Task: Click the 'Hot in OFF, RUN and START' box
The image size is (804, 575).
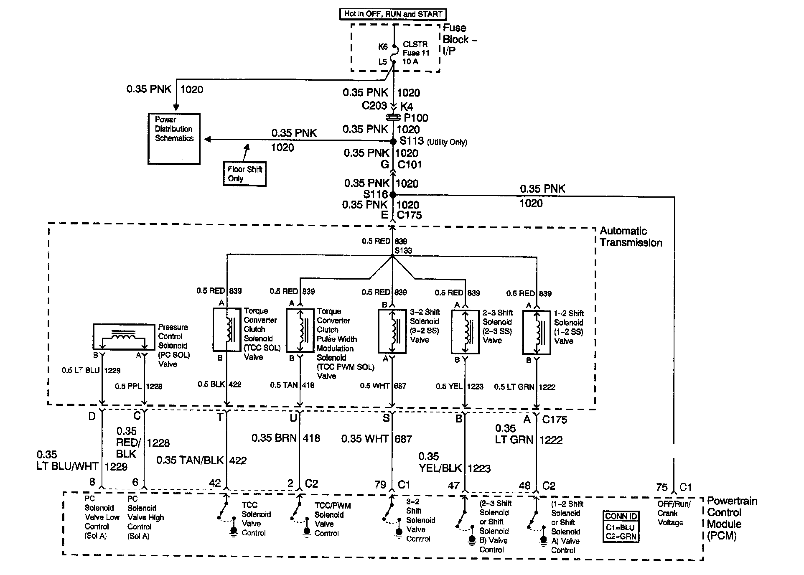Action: [393, 14]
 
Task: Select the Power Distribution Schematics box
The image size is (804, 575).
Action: [174, 138]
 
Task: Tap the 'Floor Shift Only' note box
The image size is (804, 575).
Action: [244, 174]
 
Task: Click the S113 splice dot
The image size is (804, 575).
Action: [393, 141]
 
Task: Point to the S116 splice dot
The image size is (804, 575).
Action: [392, 195]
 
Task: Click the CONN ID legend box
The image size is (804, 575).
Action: [621, 527]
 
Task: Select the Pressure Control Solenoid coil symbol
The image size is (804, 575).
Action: [123, 336]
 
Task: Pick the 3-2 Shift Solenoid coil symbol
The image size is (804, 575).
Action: [392, 331]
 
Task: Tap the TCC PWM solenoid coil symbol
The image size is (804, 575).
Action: [300, 331]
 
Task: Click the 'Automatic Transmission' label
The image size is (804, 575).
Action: [631, 237]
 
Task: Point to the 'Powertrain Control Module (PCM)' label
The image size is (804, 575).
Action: [732, 518]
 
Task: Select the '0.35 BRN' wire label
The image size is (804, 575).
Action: [274, 438]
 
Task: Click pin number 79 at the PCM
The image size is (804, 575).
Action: [380, 485]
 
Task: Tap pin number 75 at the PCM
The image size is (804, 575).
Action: [662, 487]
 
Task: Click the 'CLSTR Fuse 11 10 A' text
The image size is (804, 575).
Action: [416, 53]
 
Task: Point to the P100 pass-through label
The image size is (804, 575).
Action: [416, 118]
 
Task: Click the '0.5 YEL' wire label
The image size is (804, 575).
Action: [449, 387]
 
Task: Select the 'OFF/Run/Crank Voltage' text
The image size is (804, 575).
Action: [674, 513]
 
